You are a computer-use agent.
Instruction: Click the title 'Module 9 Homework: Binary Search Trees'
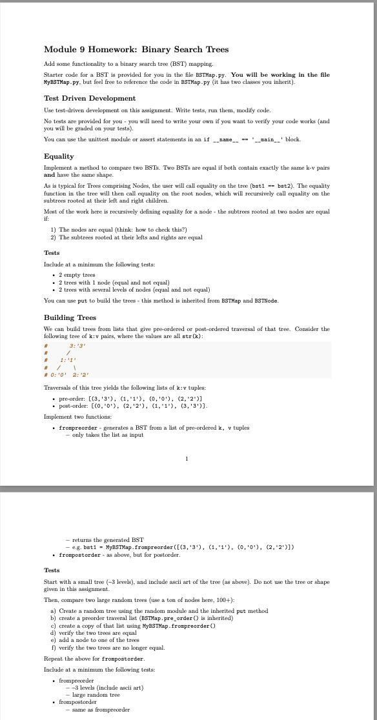tap(136, 50)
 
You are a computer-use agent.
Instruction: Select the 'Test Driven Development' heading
tap(89, 98)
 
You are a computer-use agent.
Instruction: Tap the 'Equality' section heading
tap(59, 156)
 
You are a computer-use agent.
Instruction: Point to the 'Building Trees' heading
tap(70, 317)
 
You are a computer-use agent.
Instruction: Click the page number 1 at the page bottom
tap(187, 459)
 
